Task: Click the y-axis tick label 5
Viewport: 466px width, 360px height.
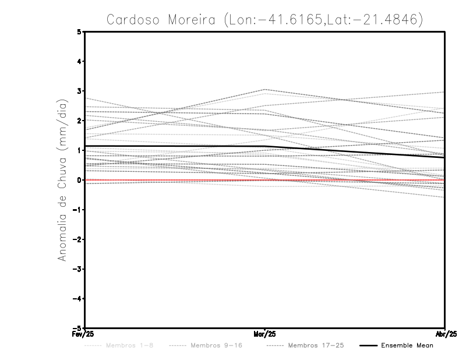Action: [79, 31]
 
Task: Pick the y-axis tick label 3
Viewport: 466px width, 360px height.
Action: [79, 91]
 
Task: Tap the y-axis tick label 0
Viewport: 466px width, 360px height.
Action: [79, 180]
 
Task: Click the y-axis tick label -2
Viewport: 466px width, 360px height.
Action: [77, 239]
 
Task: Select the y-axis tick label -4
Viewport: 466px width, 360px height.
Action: [77, 298]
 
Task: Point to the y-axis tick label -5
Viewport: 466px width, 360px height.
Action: [77, 328]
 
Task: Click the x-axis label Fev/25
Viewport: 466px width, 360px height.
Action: [85, 335]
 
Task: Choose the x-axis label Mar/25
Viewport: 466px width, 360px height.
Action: [265, 335]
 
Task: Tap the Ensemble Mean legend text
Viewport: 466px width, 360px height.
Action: [407, 345]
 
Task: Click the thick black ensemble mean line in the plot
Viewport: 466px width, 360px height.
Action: [175, 146]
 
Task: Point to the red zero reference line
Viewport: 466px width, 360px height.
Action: [175, 181]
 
